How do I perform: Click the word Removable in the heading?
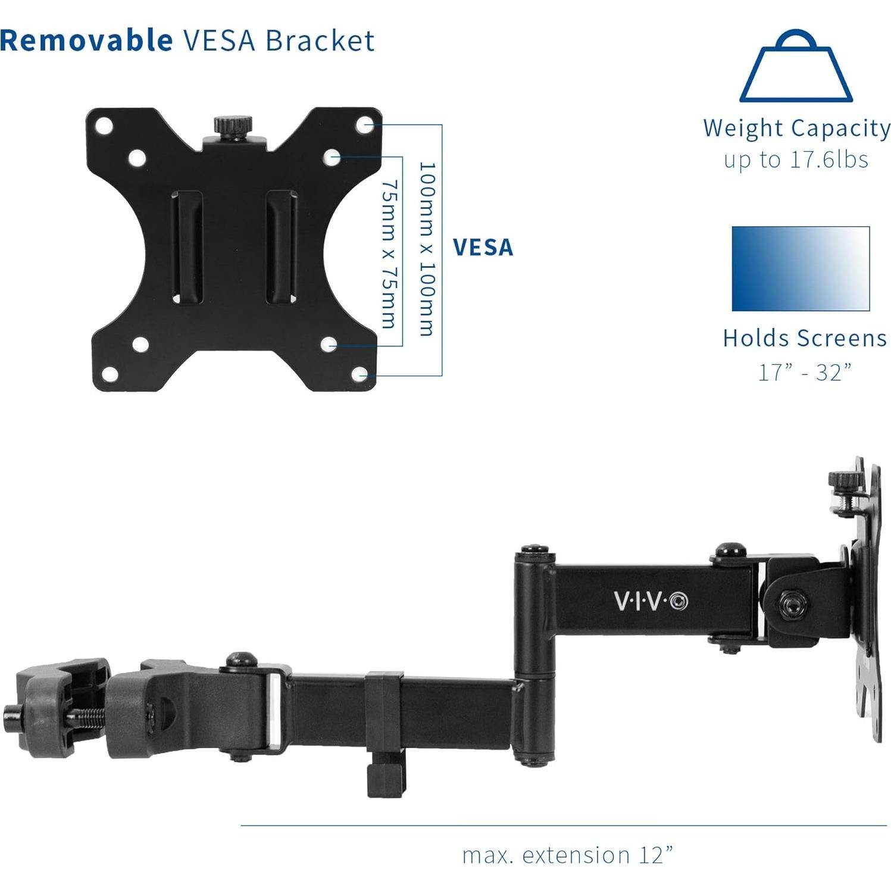point(87,40)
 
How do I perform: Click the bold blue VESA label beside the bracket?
point(483,247)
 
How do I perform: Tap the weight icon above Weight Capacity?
point(796,67)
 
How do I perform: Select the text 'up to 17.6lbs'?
point(796,160)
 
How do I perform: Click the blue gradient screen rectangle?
point(801,268)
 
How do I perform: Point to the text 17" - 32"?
point(805,373)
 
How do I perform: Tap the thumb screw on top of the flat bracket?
point(227,127)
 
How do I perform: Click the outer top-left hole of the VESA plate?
point(104,126)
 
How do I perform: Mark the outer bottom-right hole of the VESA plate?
point(361,374)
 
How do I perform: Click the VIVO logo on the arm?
point(651,601)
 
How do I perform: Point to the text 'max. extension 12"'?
point(568,855)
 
